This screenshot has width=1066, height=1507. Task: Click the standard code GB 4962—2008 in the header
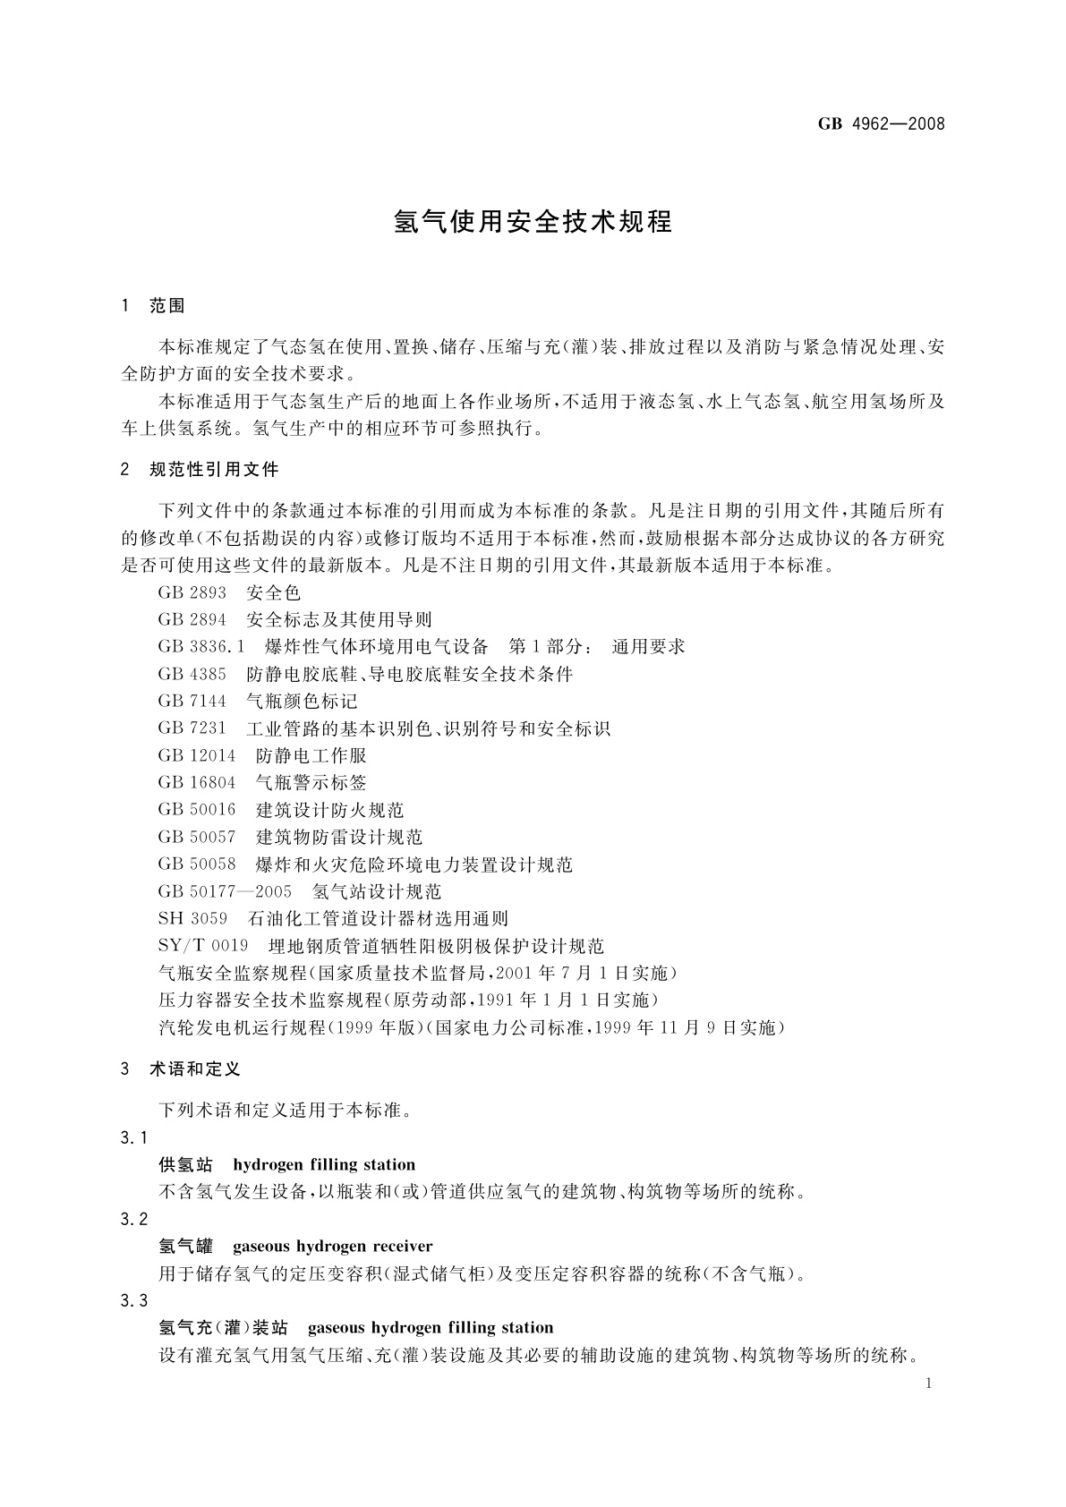pyautogui.click(x=881, y=123)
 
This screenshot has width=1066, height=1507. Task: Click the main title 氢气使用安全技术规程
pyautogui.click(x=533, y=222)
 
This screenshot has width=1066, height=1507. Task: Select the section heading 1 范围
pyautogui.click(x=153, y=306)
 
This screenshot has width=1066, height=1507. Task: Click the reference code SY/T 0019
pyautogui.click(x=203, y=946)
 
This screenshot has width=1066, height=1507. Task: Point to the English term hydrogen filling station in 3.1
pyautogui.click(x=324, y=1164)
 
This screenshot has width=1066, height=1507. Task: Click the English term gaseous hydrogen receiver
pyautogui.click(x=332, y=1246)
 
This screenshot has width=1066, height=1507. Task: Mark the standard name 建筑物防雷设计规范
pyautogui.click(x=339, y=837)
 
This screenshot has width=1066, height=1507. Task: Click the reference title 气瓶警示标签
pyautogui.click(x=311, y=782)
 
